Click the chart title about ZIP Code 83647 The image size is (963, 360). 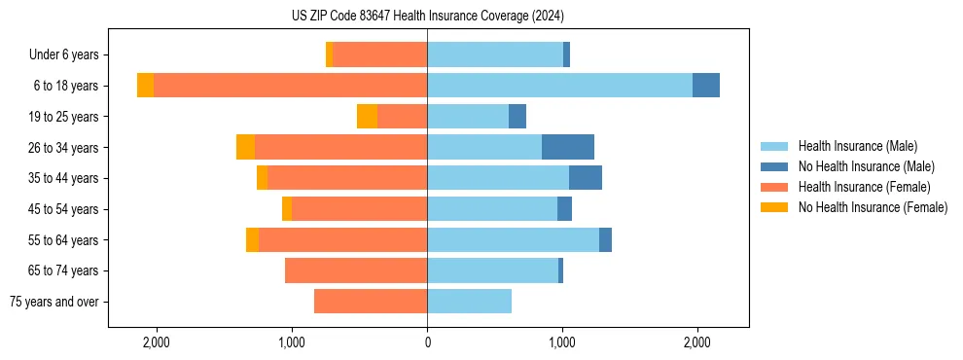tap(427, 17)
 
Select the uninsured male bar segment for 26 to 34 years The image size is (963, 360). tap(568, 147)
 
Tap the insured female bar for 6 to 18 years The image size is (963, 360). tap(290, 86)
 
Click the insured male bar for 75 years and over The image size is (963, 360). tap(469, 302)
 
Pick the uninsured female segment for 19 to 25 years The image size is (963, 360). tap(367, 117)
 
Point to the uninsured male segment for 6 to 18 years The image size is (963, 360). tap(706, 86)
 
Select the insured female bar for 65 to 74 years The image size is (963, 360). tap(356, 270)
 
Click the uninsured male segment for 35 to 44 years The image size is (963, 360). tap(586, 178)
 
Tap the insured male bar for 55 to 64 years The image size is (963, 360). tap(513, 239)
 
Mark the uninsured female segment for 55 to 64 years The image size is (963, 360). tap(252, 239)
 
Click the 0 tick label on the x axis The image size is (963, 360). tap(427, 342)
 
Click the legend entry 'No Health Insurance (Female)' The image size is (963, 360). tap(873, 207)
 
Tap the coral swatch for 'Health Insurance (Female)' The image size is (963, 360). tap(774, 187)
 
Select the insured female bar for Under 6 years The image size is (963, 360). tap(379, 55)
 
